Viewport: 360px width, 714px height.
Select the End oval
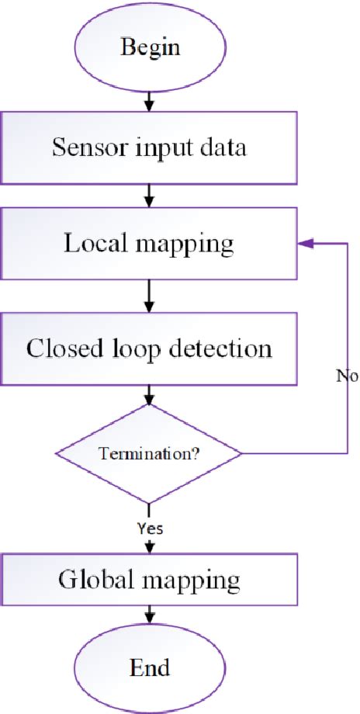(x=149, y=667)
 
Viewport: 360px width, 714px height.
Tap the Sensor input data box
(x=149, y=147)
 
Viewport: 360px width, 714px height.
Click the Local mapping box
(x=149, y=244)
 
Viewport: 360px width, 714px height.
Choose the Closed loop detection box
(x=149, y=348)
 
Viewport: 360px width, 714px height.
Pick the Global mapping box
(x=149, y=580)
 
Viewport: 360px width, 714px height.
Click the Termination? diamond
(x=149, y=452)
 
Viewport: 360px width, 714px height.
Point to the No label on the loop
(x=346, y=376)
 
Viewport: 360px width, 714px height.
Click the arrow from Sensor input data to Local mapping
(x=149, y=197)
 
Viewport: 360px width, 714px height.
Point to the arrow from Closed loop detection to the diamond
(x=149, y=395)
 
